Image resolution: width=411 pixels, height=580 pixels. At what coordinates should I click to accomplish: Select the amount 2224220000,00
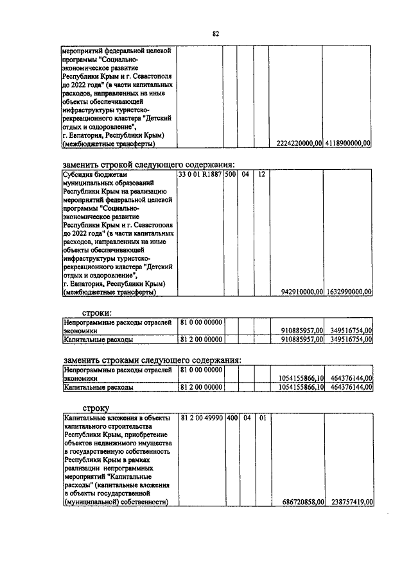tap(299, 144)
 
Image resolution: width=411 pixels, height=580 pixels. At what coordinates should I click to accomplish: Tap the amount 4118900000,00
tap(348, 144)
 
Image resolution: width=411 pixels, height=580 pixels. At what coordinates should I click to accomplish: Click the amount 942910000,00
tap(302, 292)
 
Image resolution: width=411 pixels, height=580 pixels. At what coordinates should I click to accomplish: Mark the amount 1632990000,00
tap(349, 292)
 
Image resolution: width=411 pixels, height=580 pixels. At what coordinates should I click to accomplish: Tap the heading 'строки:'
tap(99, 312)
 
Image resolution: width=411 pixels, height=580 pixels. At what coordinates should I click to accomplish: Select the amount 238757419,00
tap(350, 502)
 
